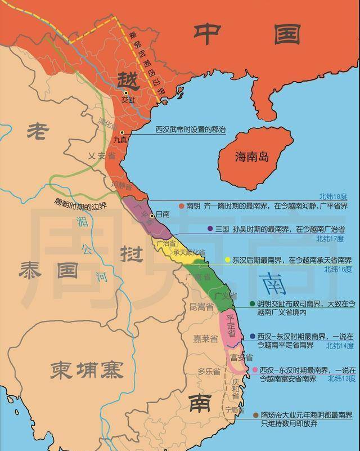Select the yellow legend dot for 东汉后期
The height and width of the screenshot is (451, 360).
(228, 260)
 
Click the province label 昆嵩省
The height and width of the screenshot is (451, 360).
(201, 307)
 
